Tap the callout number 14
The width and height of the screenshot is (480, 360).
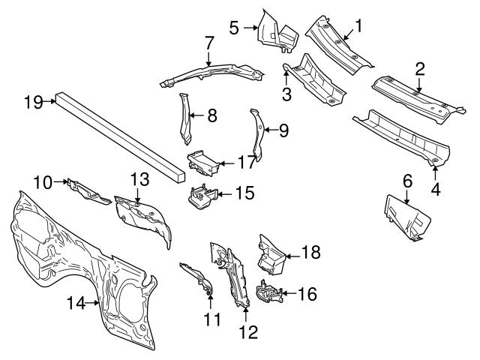[x=76, y=302]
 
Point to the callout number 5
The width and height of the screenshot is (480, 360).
[x=234, y=28]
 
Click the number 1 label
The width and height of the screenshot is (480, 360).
[x=358, y=27]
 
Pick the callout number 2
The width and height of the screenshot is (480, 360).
[x=421, y=70]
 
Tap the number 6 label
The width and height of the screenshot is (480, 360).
[x=408, y=180]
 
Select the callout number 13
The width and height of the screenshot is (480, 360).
[x=139, y=181]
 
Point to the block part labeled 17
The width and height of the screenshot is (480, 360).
[x=202, y=160]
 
